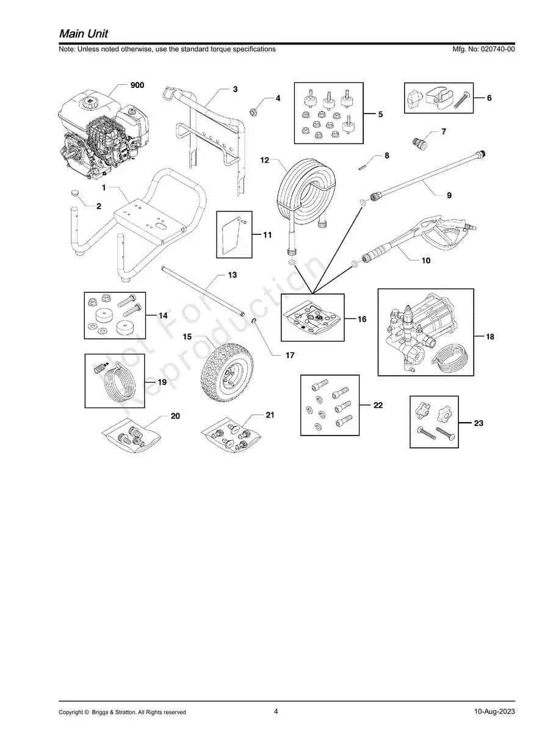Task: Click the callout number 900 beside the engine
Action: coord(137,85)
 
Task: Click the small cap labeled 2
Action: coord(76,193)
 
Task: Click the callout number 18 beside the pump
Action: coord(490,337)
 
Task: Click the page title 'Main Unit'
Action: coord(84,34)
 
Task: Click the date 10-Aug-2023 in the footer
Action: coord(494,712)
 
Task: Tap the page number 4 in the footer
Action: coord(276,711)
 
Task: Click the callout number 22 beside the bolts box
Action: coord(378,405)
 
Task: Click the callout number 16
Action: coord(361,319)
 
